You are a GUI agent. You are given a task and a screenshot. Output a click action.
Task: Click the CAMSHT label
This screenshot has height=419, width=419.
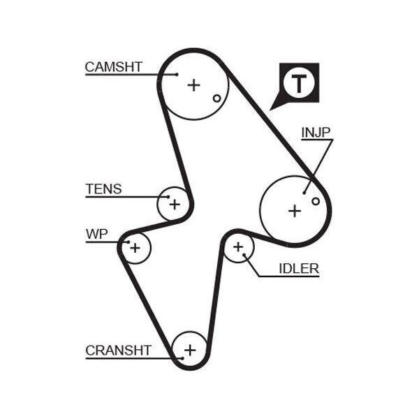point(113,67)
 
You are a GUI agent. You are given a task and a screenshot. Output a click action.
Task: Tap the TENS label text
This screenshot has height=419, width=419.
point(103,189)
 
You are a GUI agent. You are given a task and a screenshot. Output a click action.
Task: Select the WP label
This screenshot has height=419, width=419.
point(97,234)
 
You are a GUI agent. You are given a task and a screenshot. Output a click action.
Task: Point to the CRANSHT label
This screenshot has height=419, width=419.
point(119,351)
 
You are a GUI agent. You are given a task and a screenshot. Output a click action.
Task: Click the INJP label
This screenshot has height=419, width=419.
point(316,132)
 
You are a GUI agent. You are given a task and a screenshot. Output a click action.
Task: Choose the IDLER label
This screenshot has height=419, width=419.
point(299,269)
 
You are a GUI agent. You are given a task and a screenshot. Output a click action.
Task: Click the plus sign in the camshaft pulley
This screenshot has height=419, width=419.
point(193,85)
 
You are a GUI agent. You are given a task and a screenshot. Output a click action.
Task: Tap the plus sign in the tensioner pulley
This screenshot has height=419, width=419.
point(175,205)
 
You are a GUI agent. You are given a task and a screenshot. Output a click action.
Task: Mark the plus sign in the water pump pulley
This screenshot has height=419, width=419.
point(135,248)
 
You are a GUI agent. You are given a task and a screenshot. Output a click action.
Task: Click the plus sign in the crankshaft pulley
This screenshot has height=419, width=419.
point(190,350)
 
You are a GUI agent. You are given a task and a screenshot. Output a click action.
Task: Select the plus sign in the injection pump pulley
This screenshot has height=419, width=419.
point(295,211)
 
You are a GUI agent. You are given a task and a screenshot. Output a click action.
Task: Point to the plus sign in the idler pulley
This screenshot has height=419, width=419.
point(238,247)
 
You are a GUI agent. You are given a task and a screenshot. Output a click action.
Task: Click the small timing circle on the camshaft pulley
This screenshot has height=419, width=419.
point(217,98)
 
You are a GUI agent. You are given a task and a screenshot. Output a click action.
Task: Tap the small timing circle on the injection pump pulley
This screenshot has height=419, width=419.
point(316,201)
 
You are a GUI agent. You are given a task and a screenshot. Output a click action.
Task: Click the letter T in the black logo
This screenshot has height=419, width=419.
point(299,84)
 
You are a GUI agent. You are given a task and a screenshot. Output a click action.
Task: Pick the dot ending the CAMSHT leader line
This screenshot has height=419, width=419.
point(177,75)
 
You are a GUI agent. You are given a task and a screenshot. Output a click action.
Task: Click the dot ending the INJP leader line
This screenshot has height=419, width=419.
point(304,193)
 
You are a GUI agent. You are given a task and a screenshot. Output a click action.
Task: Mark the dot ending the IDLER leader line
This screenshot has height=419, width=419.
point(244,255)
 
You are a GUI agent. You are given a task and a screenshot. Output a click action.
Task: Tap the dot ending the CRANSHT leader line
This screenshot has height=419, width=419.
point(182,358)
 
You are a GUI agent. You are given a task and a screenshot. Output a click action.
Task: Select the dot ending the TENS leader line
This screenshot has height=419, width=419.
point(168,197)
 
